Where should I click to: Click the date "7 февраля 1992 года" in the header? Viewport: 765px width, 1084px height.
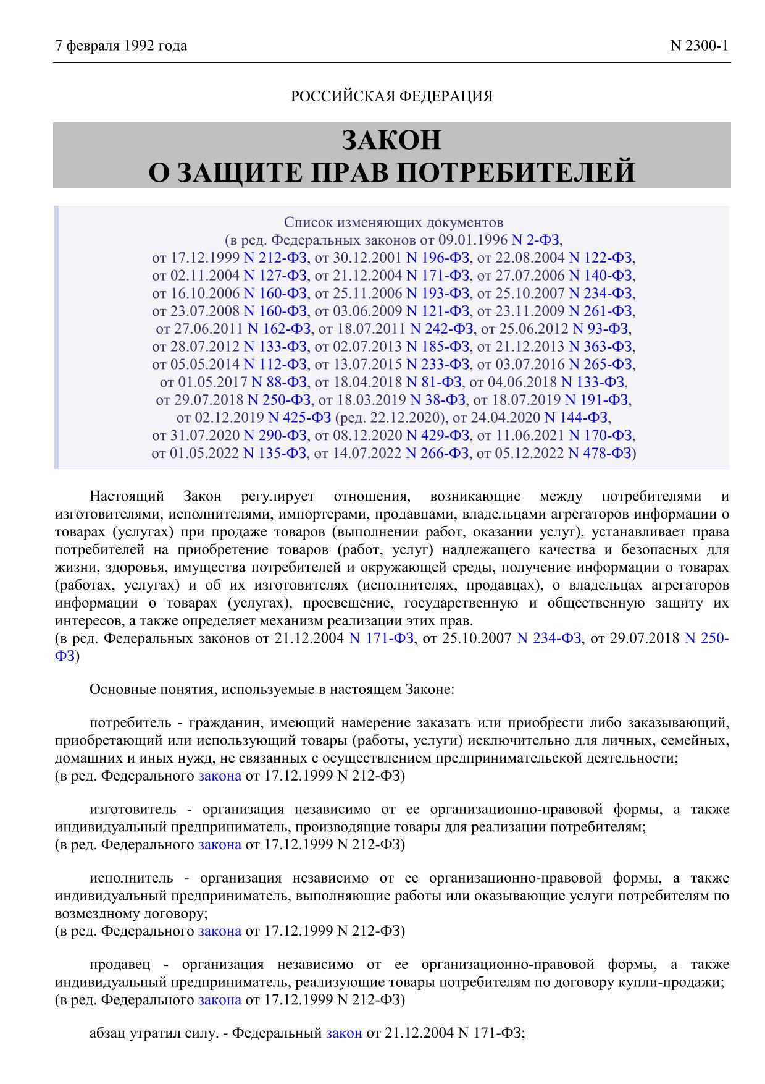[x=121, y=46]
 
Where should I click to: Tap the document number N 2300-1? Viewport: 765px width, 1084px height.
[x=700, y=46]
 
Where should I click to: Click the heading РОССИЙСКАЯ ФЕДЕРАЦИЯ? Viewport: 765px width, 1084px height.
[x=391, y=96]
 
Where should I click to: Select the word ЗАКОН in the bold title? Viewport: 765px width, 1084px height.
[x=391, y=140]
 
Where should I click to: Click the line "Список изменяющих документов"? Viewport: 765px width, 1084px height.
[x=393, y=222]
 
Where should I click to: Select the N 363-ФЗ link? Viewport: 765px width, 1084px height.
[x=600, y=346]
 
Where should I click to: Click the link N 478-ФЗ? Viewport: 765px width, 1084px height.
[x=600, y=453]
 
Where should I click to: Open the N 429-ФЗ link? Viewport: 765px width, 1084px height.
[x=438, y=435]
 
